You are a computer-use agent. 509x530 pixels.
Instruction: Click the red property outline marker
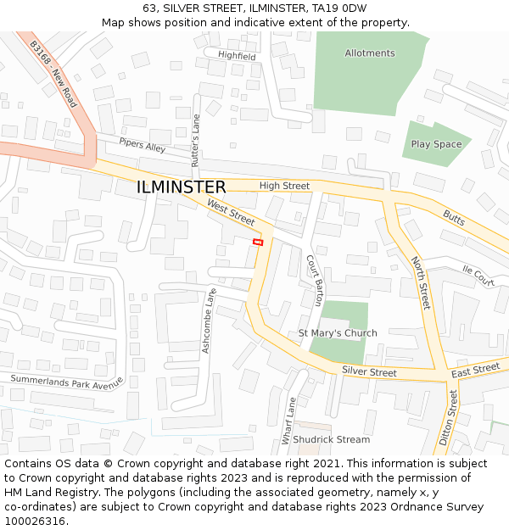[x=258, y=243]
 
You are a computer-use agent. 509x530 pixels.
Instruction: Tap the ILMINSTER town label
[x=182, y=187]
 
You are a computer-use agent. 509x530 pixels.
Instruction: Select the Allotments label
[x=370, y=53]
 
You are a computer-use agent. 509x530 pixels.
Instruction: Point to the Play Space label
[x=436, y=144]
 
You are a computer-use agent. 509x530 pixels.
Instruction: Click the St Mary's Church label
[x=338, y=333]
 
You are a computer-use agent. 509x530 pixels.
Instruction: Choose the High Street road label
[x=284, y=186]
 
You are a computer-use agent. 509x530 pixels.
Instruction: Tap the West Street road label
[x=231, y=212]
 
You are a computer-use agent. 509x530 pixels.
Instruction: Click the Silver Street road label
[x=369, y=372]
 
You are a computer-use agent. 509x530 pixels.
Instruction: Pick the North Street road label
[x=421, y=282]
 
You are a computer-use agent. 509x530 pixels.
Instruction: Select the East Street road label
[x=475, y=370]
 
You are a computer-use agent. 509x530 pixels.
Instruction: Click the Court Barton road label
[x=315, y=280]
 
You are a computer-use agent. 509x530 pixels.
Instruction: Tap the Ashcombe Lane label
[x=210, y=321]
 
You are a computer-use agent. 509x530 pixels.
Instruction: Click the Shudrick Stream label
[x=332, y=439]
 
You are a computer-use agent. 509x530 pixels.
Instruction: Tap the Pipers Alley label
[x=143, y=146]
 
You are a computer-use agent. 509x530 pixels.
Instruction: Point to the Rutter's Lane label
[x=196, y=140]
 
